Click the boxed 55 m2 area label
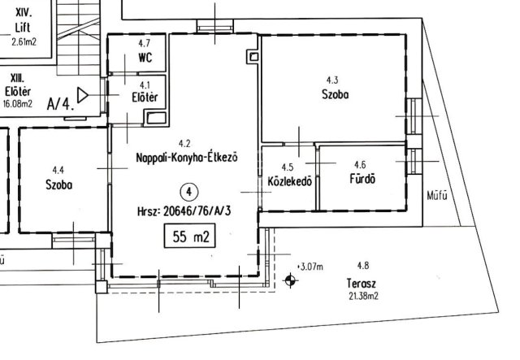[189, 236]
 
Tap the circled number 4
[189, 192]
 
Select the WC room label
[145, 58]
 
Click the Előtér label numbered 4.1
[145, 98]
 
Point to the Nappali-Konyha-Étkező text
[187, 157]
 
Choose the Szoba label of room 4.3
[336, 94]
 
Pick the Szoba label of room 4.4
[58, 184]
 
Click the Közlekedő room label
[289, 181]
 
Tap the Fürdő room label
[362, 179]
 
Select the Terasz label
[362, 284]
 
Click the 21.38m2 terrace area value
[363, 296]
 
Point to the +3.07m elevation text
[310, 267]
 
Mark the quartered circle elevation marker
[290, 280]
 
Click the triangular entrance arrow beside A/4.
[83, 95]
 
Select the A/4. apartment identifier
[61, 104]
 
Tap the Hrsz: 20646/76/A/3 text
[184, 211]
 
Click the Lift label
[23, 27]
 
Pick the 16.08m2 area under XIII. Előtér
[18, 104]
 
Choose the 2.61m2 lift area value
[24, 42]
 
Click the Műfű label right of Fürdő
[437, 196]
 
